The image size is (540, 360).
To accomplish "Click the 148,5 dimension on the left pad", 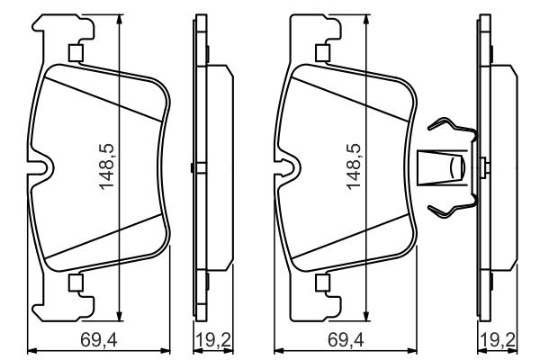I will click(x=109, y=166).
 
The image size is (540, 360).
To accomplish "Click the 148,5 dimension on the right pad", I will click(x=354, y=166).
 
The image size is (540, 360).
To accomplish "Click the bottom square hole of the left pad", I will click(x=76, y=284).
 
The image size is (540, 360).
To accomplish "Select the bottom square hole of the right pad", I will click(x=321, y=284).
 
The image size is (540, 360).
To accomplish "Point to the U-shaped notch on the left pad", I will click(x=43, y=168).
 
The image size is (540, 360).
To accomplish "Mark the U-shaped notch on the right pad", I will click(x=288, y=168).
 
